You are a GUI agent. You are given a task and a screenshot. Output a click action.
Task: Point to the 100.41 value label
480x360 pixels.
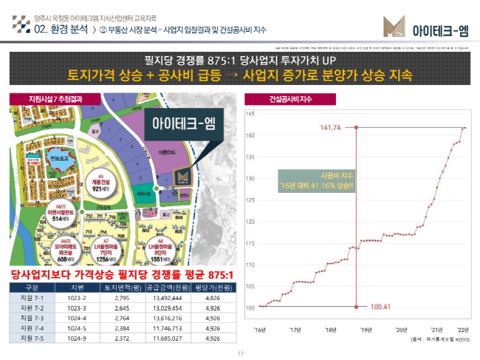[x=380, y=307]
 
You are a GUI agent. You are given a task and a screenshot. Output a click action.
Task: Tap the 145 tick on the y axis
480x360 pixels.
[x=249, y=114]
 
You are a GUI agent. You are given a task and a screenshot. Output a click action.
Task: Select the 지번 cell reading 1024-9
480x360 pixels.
[x=78, y=338]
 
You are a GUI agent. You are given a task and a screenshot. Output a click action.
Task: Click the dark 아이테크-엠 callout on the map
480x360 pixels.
[x=177, y=123]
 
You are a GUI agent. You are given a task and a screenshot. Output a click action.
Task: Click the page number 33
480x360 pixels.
[x=240, y=353]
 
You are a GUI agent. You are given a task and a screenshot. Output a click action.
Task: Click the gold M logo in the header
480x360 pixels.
[x=391, y=27]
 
